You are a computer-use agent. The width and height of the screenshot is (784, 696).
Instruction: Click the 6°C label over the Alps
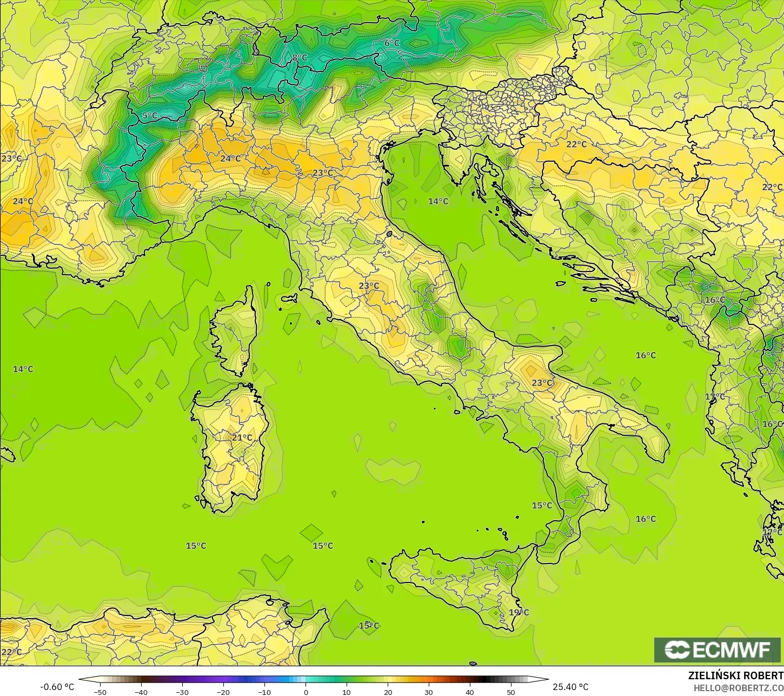click(x=392, y=43)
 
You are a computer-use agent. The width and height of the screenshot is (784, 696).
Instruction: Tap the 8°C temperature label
click(x=300, y=58)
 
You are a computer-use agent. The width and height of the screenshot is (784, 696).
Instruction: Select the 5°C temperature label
click(x=150, y=116)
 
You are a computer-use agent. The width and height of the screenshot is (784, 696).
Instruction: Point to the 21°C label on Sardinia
click(x=242, y=438)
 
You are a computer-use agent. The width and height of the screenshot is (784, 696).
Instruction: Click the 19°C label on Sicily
click(x=519, y=612)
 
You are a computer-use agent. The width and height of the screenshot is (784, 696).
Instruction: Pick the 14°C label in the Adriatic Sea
click(x=438, y=201)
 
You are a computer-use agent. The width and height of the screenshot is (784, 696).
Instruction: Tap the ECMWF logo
click(x=717, y=649)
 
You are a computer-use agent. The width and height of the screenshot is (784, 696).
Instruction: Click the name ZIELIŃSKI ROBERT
click(x=735, y=675)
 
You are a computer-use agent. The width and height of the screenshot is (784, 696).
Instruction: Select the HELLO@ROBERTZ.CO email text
click(x=739, y=687)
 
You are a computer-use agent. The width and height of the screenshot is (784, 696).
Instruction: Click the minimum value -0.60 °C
click(x=57, y=687)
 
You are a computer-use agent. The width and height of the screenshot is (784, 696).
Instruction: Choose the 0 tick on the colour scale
click(x=305, y=692)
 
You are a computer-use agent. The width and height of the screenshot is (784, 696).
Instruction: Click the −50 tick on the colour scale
click(x=99, y=692)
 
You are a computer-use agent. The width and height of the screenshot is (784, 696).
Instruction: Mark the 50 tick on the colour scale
click(x=511, y=692)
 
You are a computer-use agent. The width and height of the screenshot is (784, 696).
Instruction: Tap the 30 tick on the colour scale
click(x=429, y=692)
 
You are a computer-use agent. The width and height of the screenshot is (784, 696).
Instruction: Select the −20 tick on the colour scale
click(x=223, y=692)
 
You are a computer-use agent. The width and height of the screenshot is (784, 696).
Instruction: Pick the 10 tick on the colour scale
click(x=347, y=692)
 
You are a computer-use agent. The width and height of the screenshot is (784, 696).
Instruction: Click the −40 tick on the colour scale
click(x=141, y=692)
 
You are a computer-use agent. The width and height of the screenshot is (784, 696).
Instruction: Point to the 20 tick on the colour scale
click(x=388, y=692)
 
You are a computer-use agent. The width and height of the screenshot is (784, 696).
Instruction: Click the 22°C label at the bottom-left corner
click(x=11, y=652)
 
